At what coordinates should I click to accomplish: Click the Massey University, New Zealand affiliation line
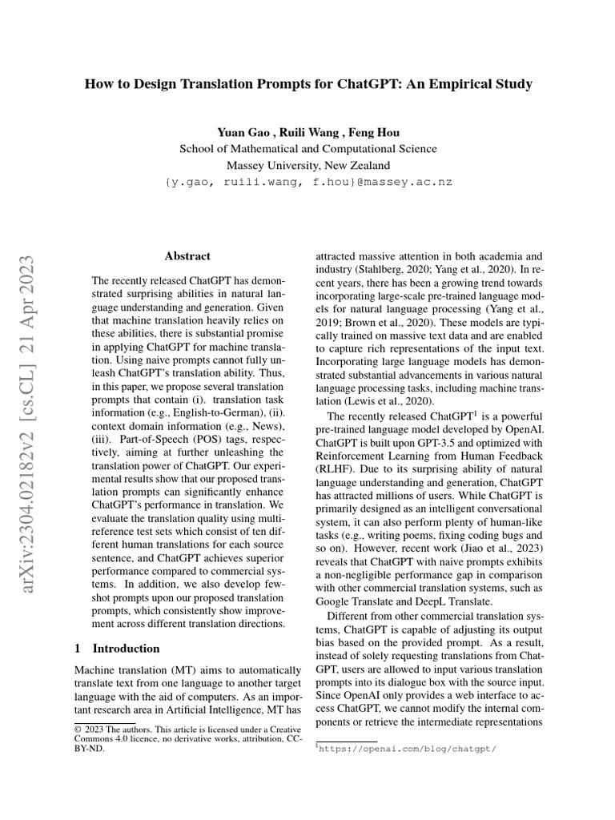[x=308, y=166]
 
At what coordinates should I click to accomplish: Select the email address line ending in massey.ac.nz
[x=308, y=183]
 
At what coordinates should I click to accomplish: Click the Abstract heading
[x=187, y=256]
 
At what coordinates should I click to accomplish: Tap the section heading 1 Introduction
[x=117, y=649]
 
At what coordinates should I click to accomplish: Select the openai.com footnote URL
[x=409, y=749]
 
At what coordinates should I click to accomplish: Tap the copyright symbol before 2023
[x=78, y=730]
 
